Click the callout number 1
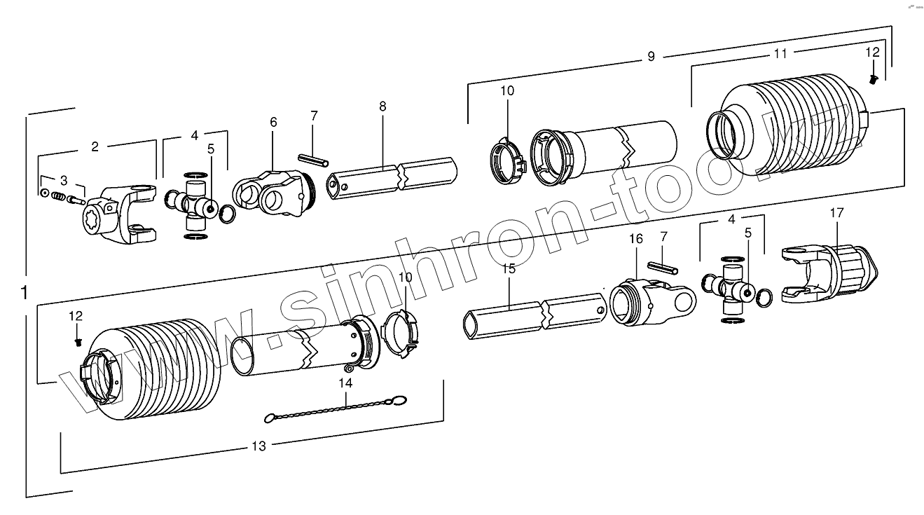tap(26, 291)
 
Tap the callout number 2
tap(95, 146)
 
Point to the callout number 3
tap(64, 180)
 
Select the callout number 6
tap(273, 122)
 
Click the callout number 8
tap(382, 107)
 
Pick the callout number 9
tap(651, 56)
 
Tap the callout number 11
tap(781, 53)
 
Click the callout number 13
tap(259, 446)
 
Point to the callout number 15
tap(509, 268)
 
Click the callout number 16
tap(635, 239)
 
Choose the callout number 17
tap(837, 212)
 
